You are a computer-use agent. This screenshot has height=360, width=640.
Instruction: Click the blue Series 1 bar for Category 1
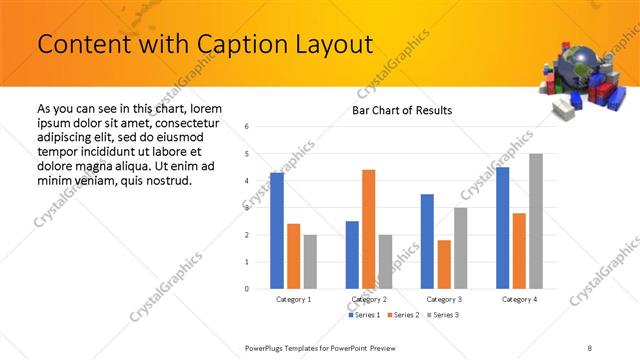tap(277, 230)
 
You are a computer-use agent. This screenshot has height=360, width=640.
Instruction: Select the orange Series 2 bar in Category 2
tap(368, 229)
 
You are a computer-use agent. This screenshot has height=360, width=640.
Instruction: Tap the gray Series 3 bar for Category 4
tap(536, 221)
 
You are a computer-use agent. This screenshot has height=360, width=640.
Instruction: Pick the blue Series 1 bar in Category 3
tap(427, 241)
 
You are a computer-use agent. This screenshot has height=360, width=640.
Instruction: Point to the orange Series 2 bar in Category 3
tap(444, 264)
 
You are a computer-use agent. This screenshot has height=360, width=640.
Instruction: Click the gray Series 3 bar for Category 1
tap(310, 261)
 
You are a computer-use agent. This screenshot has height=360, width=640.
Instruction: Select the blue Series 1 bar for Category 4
tap(502, 227)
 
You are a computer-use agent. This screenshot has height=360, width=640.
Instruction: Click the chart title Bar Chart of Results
tap(402, 110)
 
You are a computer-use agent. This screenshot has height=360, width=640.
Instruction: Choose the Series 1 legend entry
tap(364, 315)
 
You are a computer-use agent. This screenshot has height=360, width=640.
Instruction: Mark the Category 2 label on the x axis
tap(368, 299)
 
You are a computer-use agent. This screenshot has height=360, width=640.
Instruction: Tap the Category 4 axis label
tap(519, 299)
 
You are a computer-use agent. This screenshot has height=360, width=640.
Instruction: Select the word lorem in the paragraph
tap(203, 108)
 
